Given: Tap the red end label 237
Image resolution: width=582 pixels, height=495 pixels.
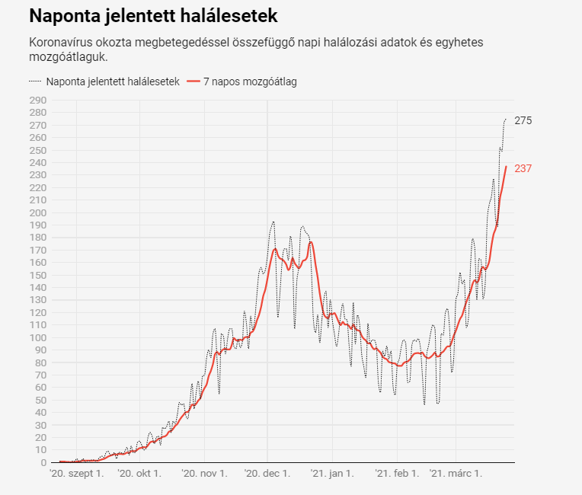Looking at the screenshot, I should point(523,168).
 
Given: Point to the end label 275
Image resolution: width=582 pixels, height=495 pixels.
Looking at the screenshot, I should point(523,120).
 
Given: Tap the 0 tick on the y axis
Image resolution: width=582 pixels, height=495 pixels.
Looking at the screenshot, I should point(43,462).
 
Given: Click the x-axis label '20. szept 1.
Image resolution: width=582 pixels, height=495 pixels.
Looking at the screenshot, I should point(76,474).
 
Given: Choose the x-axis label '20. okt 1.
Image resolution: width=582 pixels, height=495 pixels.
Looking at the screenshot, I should point(139,474).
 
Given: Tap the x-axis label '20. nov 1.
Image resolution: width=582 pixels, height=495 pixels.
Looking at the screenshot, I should point(204,474).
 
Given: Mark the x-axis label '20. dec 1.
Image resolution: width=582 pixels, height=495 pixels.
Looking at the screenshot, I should point(267,474).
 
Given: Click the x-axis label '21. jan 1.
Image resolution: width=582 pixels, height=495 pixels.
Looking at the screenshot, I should point(331,474).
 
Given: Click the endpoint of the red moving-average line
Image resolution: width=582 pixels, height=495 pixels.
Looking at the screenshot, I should point(506,167).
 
